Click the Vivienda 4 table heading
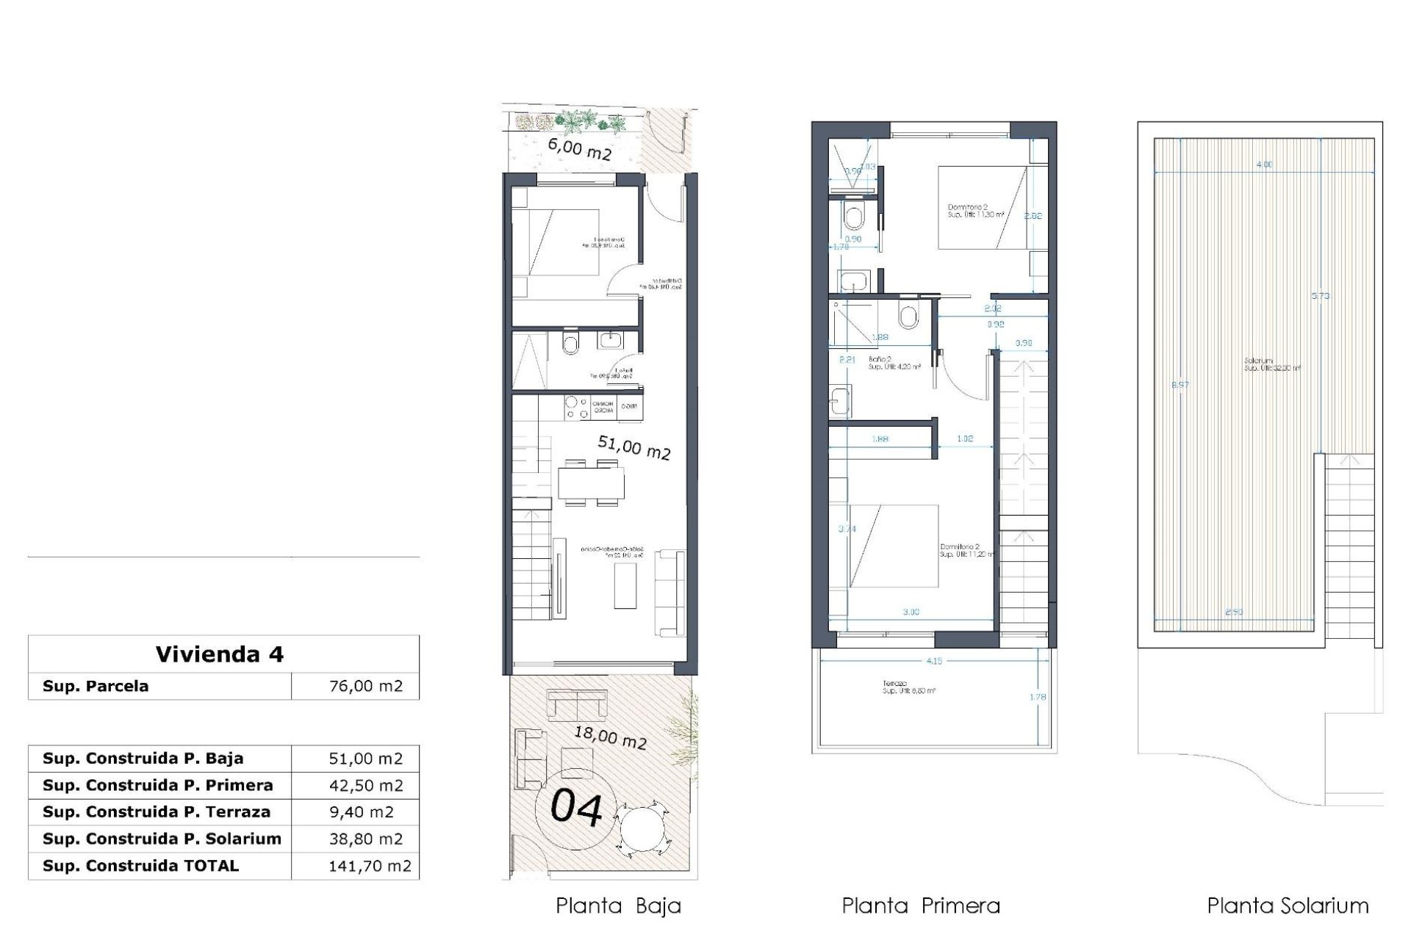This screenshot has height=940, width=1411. tap(219, 654)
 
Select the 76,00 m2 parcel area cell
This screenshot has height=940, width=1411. tap(366, 686)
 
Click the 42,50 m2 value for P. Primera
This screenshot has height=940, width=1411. tap(366, 785)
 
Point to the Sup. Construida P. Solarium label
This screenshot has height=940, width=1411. tap(162, 839)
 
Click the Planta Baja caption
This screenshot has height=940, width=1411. tap(618, 906)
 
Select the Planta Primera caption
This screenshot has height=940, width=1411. tap(921, 906)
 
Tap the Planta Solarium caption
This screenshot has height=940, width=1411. tap(1288, 906)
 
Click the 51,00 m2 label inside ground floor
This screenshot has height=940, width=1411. tap(633, 447)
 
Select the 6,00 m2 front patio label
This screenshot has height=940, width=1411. tap(580, 149)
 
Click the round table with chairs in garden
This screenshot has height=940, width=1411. tap(645, 830)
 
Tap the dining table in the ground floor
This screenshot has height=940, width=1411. tap(591, 483)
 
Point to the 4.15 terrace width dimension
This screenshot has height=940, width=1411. tap(934, 661)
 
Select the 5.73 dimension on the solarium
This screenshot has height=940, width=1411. tap(1321, 296)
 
